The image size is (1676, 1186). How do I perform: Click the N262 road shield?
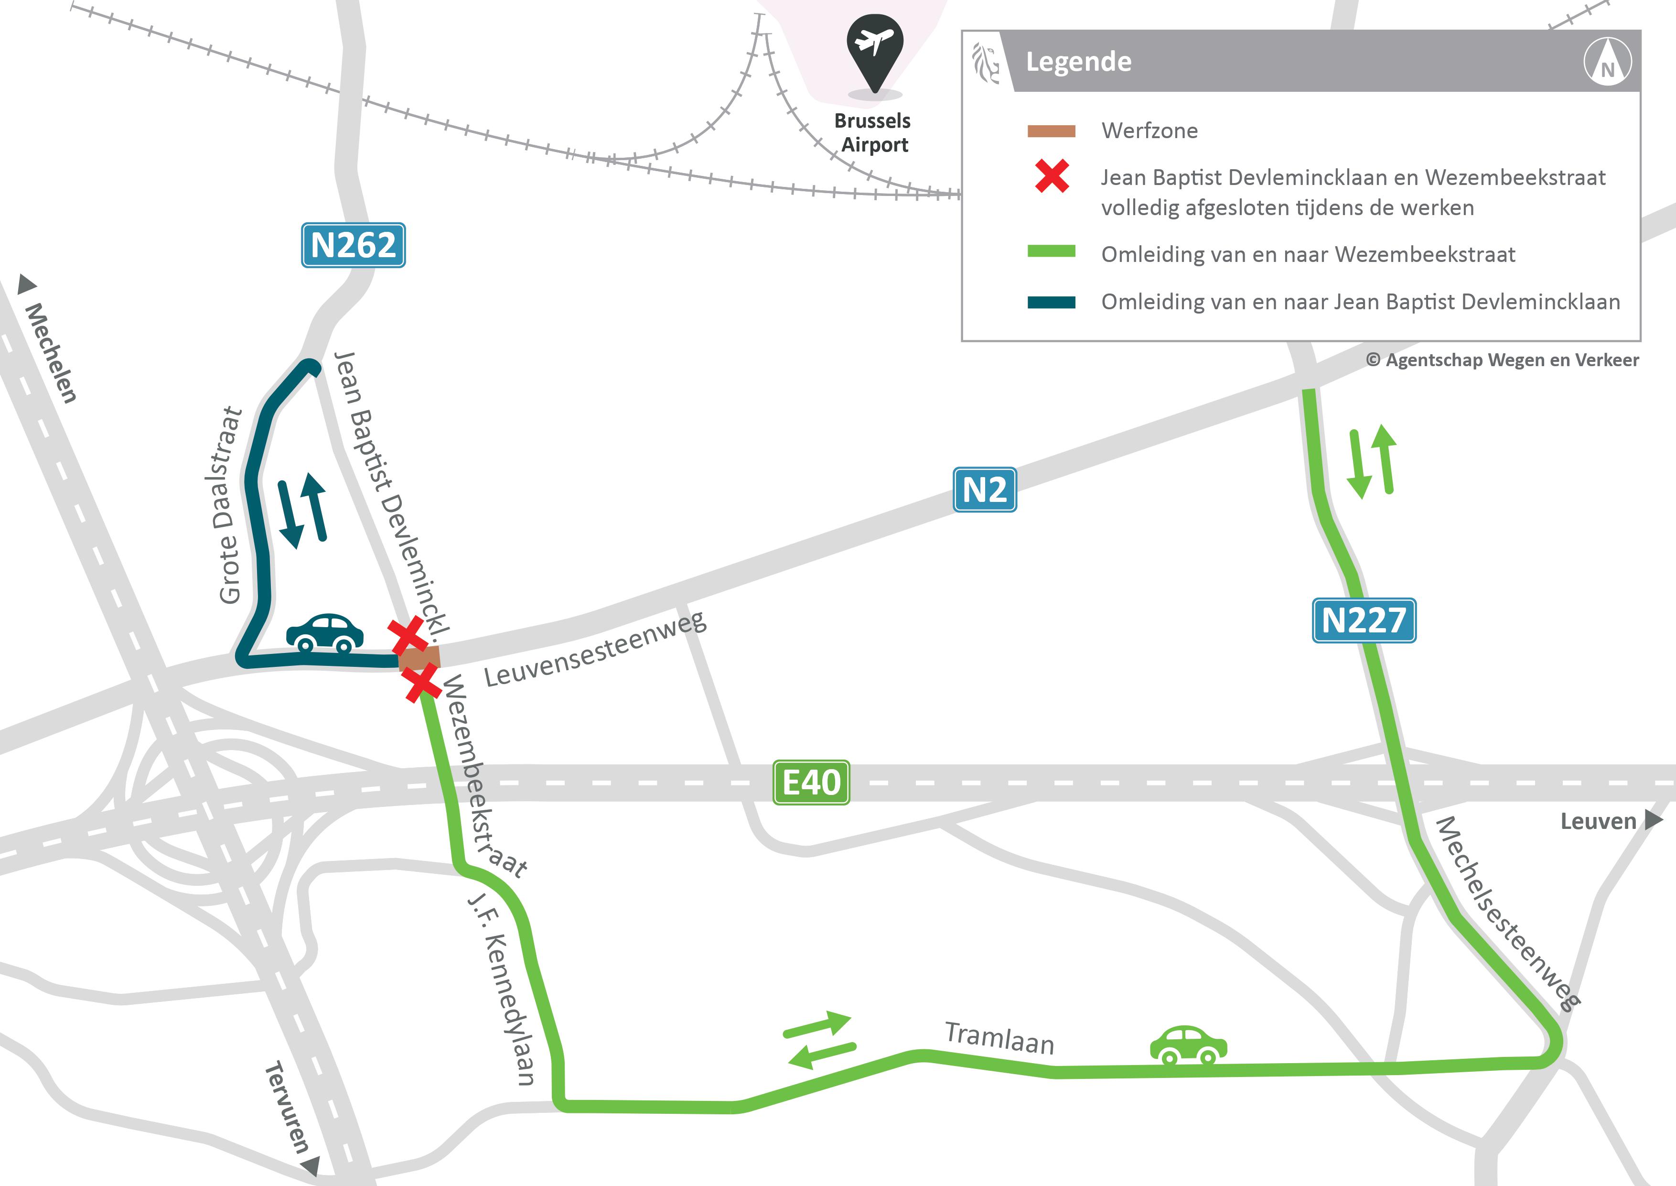tap(353, 245)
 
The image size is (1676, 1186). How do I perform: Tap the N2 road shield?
tap(985, 490)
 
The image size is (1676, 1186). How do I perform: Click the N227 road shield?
tap(1364, 620)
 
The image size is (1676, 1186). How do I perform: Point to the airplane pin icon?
tap(874, 51)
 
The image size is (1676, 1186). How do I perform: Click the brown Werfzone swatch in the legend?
tap(1051, 131)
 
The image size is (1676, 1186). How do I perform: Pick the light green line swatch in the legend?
tap(1051, 252)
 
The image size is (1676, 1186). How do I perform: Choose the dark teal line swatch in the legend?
tap(1051, 302)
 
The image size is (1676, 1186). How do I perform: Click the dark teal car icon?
tap(325, 632)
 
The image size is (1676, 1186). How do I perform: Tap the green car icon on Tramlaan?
tap(1188, 1045)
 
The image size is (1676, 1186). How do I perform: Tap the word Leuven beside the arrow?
tap(1598, 822)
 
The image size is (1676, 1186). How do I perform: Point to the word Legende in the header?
tap(1078, 62)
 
